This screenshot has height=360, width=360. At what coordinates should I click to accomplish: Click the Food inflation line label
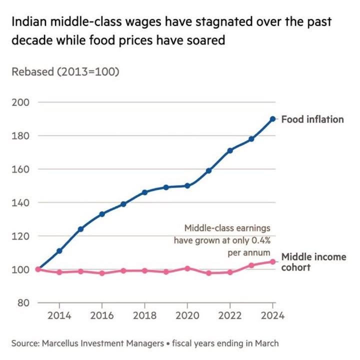tap(312, 119)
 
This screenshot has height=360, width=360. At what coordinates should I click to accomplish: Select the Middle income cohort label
tap(313, 262)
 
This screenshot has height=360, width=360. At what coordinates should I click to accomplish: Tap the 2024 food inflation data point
tap(272, 119)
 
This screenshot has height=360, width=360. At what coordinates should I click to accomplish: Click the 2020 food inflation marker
tap(187, 185)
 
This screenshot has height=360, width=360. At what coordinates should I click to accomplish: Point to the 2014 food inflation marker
tap(59, 250)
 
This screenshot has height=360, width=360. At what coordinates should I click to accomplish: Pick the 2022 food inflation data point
tap(230, 150)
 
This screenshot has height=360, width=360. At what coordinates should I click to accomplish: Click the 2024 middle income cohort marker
tap(272, 261)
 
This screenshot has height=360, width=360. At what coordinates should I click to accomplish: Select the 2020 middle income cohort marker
tap(187, 268)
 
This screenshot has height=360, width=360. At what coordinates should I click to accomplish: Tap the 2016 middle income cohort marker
tap(102, 273)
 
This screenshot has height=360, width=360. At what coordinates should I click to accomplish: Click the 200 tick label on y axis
tap(20, 102)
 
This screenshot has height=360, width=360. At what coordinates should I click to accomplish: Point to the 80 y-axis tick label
tap(23, 303)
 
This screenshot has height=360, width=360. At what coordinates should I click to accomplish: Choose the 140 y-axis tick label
tap(20, 202)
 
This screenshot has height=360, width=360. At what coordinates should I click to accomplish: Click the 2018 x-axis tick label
tap(144, 316)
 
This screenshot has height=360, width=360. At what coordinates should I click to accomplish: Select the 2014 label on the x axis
tap(59, 316)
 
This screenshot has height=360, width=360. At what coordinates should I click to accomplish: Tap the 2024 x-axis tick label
tap(272, 316)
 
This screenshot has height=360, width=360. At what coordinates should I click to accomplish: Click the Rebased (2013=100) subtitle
tap(65, 71)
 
